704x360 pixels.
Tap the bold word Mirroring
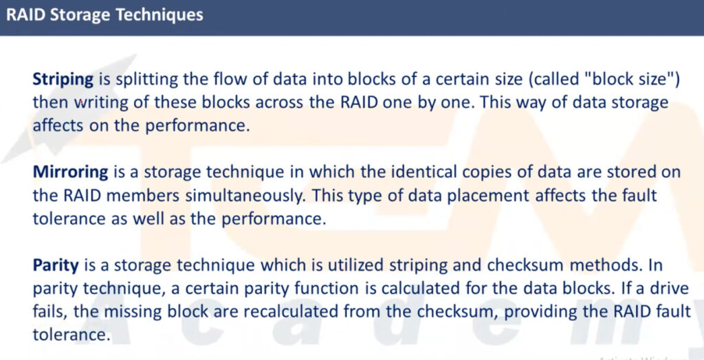pos(71,173)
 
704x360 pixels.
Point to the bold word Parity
pos(56,266)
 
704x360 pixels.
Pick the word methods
pos(604,265)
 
